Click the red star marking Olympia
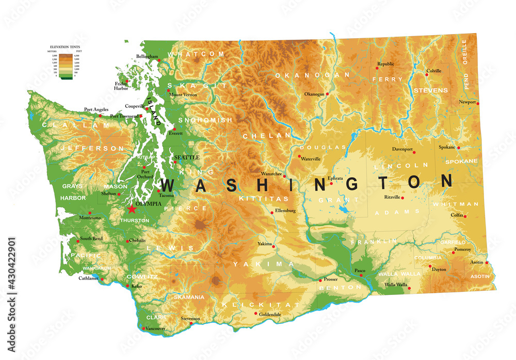[132, 209]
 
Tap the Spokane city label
[447, 147]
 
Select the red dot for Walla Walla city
[410, 288]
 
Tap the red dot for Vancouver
[142, 328]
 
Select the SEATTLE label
[186, 158]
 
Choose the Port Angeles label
[96, 109]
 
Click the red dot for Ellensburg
[272, 212]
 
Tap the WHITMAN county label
[451, 205]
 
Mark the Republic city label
[385, 64]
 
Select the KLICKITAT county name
[260, 305]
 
